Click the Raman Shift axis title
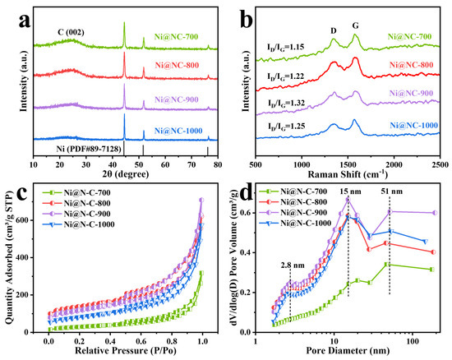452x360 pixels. pos(348,175)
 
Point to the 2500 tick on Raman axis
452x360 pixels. pos(440,164)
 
